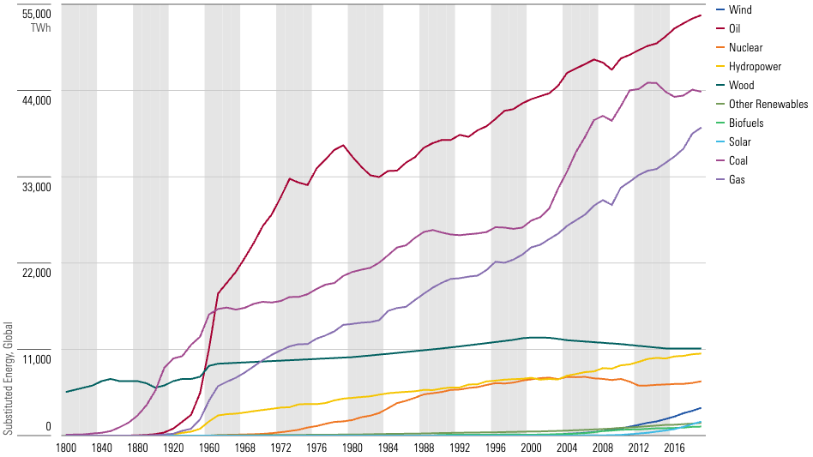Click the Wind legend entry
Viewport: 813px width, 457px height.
pyautogui.click(x=740, y=10)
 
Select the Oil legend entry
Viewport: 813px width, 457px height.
pyautogui.click(x=734, y=29)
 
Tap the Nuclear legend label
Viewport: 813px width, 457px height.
pyautogui.click(x=745, y=48)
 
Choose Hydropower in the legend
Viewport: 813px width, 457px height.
pyautogui.click(x=755, y=67)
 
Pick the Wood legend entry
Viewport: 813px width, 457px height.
pyautogui.click(x=741, y=86)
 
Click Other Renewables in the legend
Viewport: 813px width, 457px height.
pyautogui.click(x=768, y=105)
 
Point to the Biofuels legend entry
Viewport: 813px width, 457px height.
pyautogui.click(x=746, y=123)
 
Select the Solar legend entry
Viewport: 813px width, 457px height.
pyautogui.click(x=739, y=142)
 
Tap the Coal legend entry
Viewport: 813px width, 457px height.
pyautogui.click(x=738, y=161)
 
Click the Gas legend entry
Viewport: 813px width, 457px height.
pyautogui.click(x=737, y=180)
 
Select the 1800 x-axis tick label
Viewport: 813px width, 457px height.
pyautogui.click(x=66, y=448)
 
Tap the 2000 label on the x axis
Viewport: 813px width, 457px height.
pyautogui.click(x=531, y=448)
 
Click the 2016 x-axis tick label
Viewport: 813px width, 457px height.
pyautogui.click(x=674, y=448)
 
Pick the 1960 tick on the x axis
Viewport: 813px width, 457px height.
pyautogui.click(x=209, y=448)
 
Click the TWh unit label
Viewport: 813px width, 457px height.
pyautogui.click(x=40, y=28)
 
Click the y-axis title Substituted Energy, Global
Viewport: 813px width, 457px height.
pyautogui.click(x=8, y=378)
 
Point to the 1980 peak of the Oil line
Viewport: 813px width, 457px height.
pyautogui.click(x=343, y=145)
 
